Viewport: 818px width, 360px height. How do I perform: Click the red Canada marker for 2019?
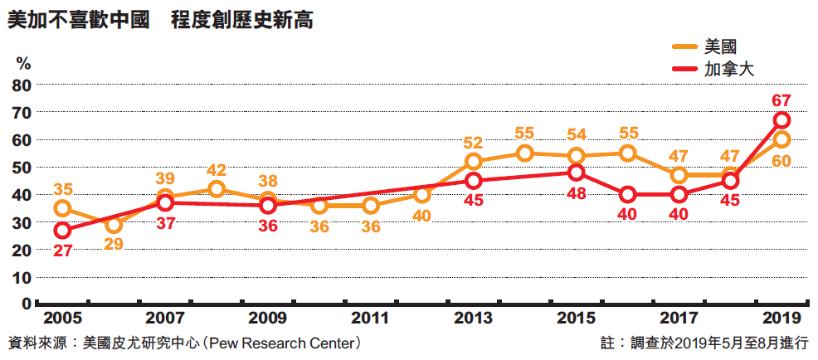pos(781,120)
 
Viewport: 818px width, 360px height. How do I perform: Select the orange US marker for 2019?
pos(781,139)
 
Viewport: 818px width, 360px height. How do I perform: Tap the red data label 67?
pos(781,100)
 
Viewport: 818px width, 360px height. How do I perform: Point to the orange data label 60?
pos(781,160)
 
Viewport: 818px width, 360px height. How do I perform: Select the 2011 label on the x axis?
pos(370,319)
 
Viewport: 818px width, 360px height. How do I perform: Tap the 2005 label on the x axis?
pos(61,319)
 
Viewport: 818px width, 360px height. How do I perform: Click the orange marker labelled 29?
pos(114,224)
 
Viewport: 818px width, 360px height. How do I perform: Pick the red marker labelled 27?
pos(62,230)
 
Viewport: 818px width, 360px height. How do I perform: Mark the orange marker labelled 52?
pos(473,162)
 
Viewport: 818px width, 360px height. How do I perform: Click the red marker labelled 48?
pos(577,173)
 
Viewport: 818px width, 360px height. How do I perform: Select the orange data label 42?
pos(217,170)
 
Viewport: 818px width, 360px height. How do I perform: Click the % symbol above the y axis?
pos(23,64)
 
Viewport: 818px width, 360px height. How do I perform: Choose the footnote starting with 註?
pos(704,343)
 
